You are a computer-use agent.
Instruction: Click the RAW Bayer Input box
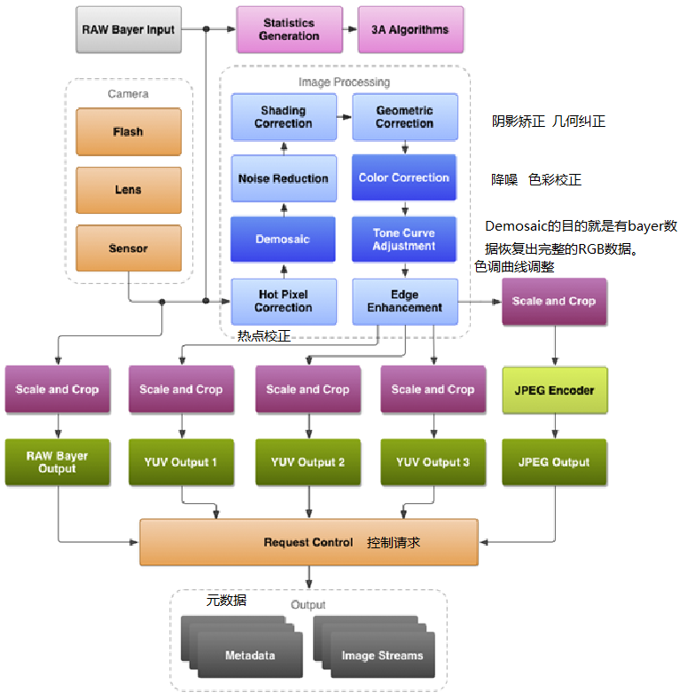point(129,29)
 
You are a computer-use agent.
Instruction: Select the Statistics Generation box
point(289,29)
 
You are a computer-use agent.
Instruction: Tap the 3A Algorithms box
point(410,29)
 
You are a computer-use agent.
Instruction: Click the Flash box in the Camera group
point(129,131)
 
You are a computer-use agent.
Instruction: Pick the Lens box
point(129,189)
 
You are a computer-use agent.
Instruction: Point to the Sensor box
point(129,248)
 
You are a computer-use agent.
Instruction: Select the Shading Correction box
point(284,117)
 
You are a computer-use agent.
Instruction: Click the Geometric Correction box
point(404,117)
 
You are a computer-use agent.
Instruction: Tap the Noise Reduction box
point(284,178)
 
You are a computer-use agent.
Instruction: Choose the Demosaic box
point(284,240)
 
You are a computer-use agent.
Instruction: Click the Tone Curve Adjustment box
point(404,240)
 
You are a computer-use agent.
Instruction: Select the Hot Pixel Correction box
point(284,301)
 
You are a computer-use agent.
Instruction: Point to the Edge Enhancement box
point(404,301)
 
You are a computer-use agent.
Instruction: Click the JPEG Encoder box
point(555,389)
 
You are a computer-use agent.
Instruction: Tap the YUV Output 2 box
point(308,462)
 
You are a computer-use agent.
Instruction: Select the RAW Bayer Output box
point(57,462)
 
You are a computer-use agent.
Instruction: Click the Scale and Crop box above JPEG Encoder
point(555,301)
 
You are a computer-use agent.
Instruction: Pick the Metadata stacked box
point(248,655)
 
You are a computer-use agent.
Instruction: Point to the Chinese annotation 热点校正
point(264,335)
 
